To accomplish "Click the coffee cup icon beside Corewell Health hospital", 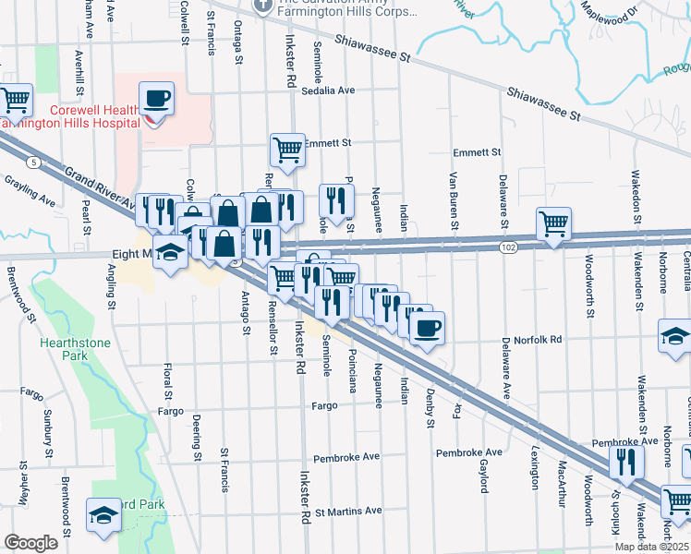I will tap(157, 98).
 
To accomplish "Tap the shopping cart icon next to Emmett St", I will tap(287, 149).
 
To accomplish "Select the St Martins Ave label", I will tap(348, 511).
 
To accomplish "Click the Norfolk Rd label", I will tap(540, 340).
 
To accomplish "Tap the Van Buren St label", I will tap(454, 200).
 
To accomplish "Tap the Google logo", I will tap(30, 543).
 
